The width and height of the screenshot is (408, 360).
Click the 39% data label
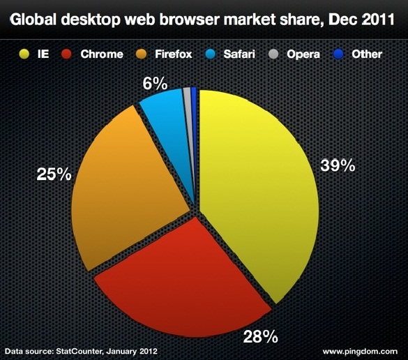tap(338, 165)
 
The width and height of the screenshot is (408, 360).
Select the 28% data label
tap(260, 336)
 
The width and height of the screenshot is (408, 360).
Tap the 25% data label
tap(54, 174)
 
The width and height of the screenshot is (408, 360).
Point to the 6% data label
tap(155, 84)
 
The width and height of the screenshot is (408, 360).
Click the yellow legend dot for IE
tap(24, 54)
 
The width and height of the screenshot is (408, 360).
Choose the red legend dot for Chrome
tap(66, 54)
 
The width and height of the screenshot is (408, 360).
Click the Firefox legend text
tap(173, 54)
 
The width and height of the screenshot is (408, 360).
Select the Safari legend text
tap(239, 54)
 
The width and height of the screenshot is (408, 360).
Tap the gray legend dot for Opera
tap(273, 54)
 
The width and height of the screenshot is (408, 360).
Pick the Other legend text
tap(367, 54)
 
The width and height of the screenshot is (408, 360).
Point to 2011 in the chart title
tap(378, 20)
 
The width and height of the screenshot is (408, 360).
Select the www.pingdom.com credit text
tap(360, 352)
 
